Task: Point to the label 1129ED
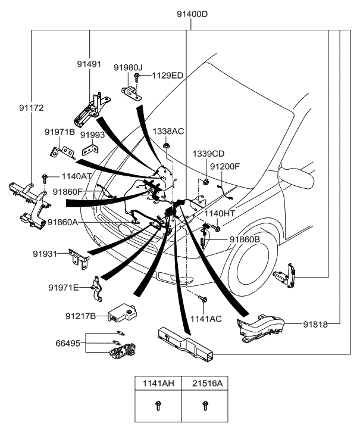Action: pos(167,76)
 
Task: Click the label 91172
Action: pos(31,108)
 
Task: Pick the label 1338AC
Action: pos(168,130)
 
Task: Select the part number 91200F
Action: pos(224,166)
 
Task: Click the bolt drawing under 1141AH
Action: pos(158,407)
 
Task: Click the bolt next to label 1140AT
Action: pos(45,177)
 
